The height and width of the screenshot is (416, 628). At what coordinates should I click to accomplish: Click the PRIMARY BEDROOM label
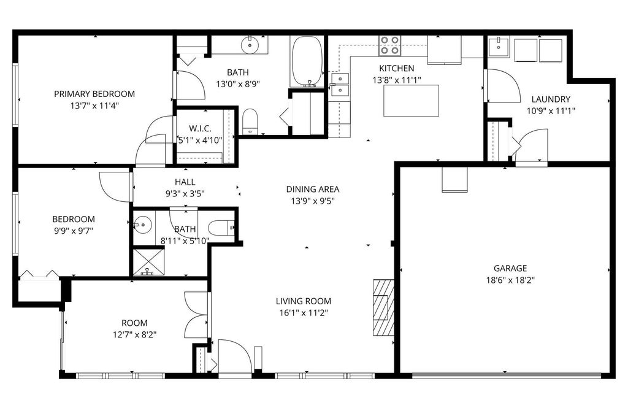click(x=94, y=94)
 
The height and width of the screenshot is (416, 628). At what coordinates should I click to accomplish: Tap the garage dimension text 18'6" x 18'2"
click(x=510, y=280)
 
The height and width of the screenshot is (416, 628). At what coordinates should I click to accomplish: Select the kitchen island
click(x=411, y=101)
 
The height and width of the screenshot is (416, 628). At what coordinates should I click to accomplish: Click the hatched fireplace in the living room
click(x=384, y=307)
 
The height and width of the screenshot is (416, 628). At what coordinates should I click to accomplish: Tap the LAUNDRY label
click(x=551, y=99)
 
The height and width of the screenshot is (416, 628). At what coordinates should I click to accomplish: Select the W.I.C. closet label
click(x=200, y=128)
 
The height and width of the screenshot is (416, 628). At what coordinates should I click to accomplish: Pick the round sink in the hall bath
click(x=143, y=225)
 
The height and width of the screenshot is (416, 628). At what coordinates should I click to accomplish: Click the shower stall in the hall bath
click(x=148, y=261)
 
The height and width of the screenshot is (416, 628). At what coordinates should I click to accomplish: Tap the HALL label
click(x=185, y=182)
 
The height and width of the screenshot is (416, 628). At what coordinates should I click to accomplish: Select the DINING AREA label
click(x=313, y=190)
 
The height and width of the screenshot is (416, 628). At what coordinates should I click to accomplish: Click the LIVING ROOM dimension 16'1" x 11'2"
click(x=303, y=312)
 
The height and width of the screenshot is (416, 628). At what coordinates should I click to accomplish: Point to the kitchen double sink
click(x=339, y=85)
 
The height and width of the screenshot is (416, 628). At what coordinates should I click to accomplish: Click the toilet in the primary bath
click(x=250, y=121)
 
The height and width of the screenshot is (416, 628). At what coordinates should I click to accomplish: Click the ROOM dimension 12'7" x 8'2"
click(x=134, y=334)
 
